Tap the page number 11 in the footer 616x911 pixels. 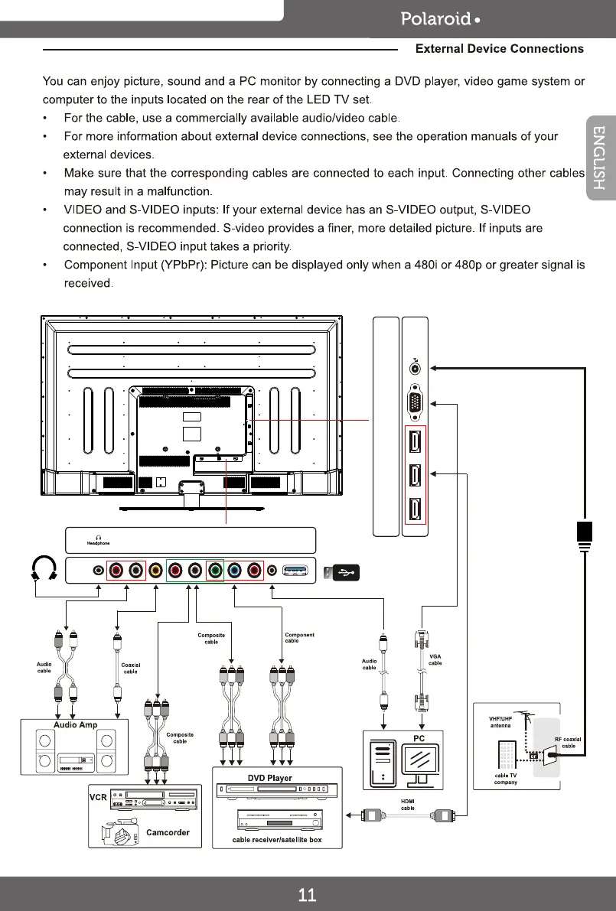coord(308,895)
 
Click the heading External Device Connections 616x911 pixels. coord(499,49)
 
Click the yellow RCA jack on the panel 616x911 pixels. coord(155,570)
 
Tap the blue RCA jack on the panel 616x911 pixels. coord(234,570)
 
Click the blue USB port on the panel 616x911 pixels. coord(295,570)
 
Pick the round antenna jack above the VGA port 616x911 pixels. coord(415,368)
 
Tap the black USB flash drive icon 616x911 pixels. coord(341,573)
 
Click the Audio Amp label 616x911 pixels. coord(75,724)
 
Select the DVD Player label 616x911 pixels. coord(269,778)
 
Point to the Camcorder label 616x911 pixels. coord(168,832)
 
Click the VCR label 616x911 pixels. coord(98,796)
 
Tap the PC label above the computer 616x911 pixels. coord(419,737)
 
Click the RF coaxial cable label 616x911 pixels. coord(569,743)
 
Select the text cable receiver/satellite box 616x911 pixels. coord(277,840)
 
